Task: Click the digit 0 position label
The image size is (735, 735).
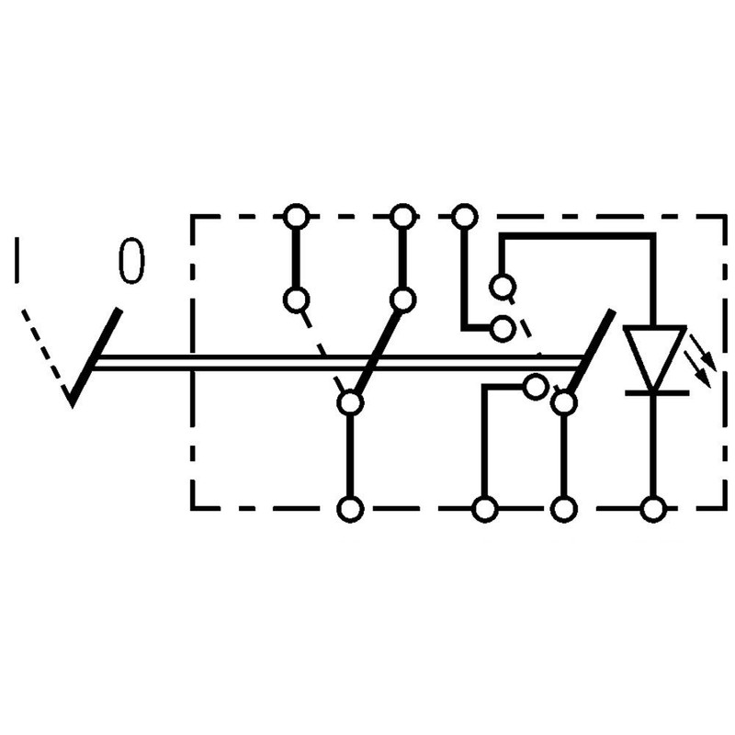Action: [x=131, y=261]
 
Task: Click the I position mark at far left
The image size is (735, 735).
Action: [x=17, y=260]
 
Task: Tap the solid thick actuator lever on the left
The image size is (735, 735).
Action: [x=96, y=357]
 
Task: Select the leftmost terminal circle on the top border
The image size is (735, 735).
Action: [x=296, y=217]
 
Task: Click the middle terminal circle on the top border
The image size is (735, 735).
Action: [x=403, y=217]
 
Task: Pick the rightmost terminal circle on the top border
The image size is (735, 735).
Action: [x=465, y=217]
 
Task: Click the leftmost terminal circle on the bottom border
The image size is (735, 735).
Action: [x=351, y=509]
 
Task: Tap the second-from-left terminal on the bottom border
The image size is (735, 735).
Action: [x=485, y=509]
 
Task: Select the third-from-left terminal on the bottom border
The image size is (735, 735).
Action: [x=563, y=509]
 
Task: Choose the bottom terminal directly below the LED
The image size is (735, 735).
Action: [x=653, y=509]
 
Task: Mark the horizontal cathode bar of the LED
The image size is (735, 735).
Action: [x=656, y=392]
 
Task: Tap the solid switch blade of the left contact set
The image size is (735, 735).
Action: [x=378, y=352]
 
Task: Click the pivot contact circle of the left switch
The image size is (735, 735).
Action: [x=351, y=402]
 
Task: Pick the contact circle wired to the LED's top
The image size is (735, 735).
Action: [x=503, y=287]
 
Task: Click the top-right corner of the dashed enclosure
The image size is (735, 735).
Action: [x=725, y=217]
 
